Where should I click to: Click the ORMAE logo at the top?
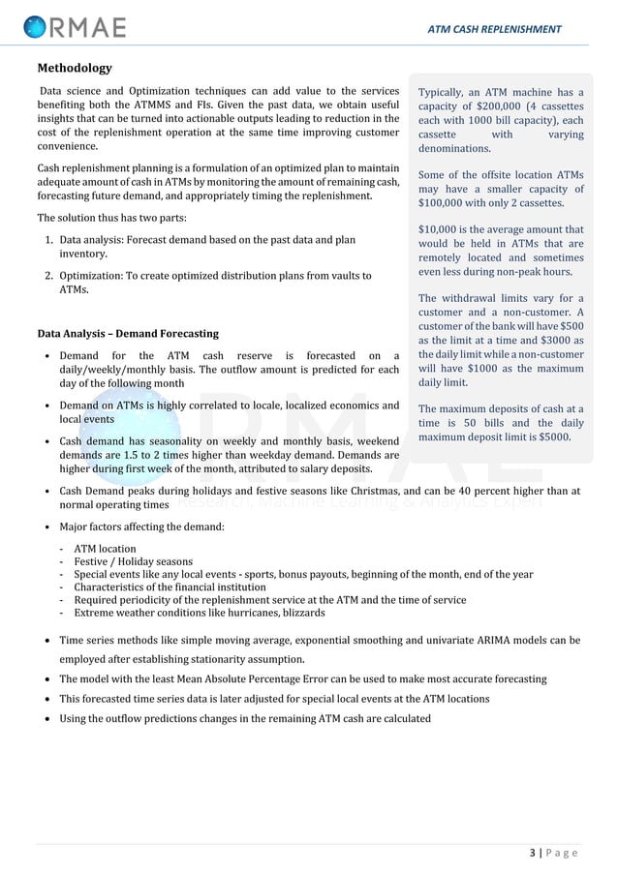tap(75, 27)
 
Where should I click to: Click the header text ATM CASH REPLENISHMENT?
tap(494, 29)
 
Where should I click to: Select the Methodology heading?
tap(75, 68)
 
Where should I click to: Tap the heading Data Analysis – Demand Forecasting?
tap(128, 334)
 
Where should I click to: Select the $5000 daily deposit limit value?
tap(552, 436)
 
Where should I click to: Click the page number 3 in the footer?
tap(533, 853)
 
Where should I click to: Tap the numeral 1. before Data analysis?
tap(48, 239)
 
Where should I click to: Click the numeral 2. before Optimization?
tap(48, 276)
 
